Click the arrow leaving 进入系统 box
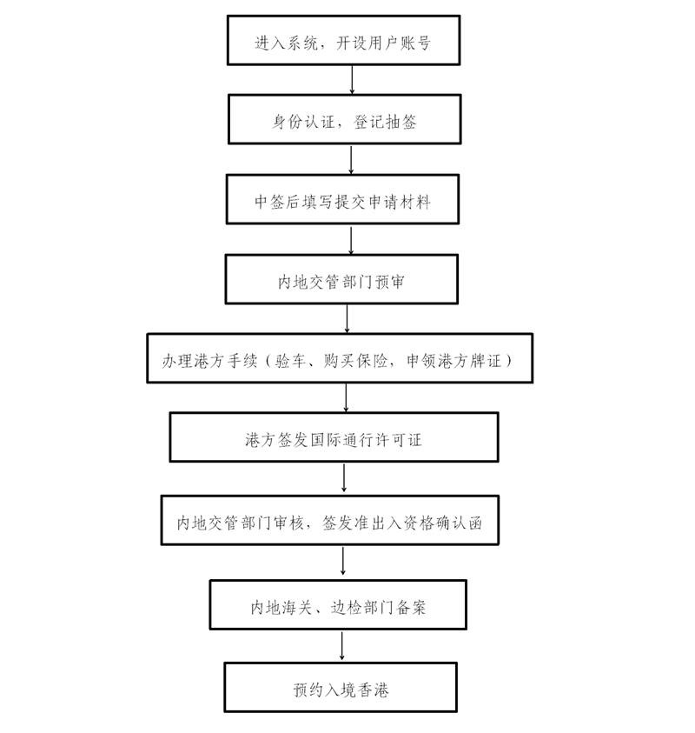(x=352, y=80)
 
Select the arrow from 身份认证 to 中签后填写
(x=351, y=159)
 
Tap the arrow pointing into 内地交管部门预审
(x=351, y=239)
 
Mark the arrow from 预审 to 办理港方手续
(x=347, y=319)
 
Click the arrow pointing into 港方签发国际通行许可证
(x=346, y=398)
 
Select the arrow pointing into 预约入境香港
(x=342, y=645)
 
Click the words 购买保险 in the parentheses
(x=356, y=361)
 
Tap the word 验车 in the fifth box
(x=290, y=361)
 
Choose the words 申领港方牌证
(x=453, y=361)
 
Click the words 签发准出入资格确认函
(x=402, y=523)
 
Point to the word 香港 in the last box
(x=373, y=690)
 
